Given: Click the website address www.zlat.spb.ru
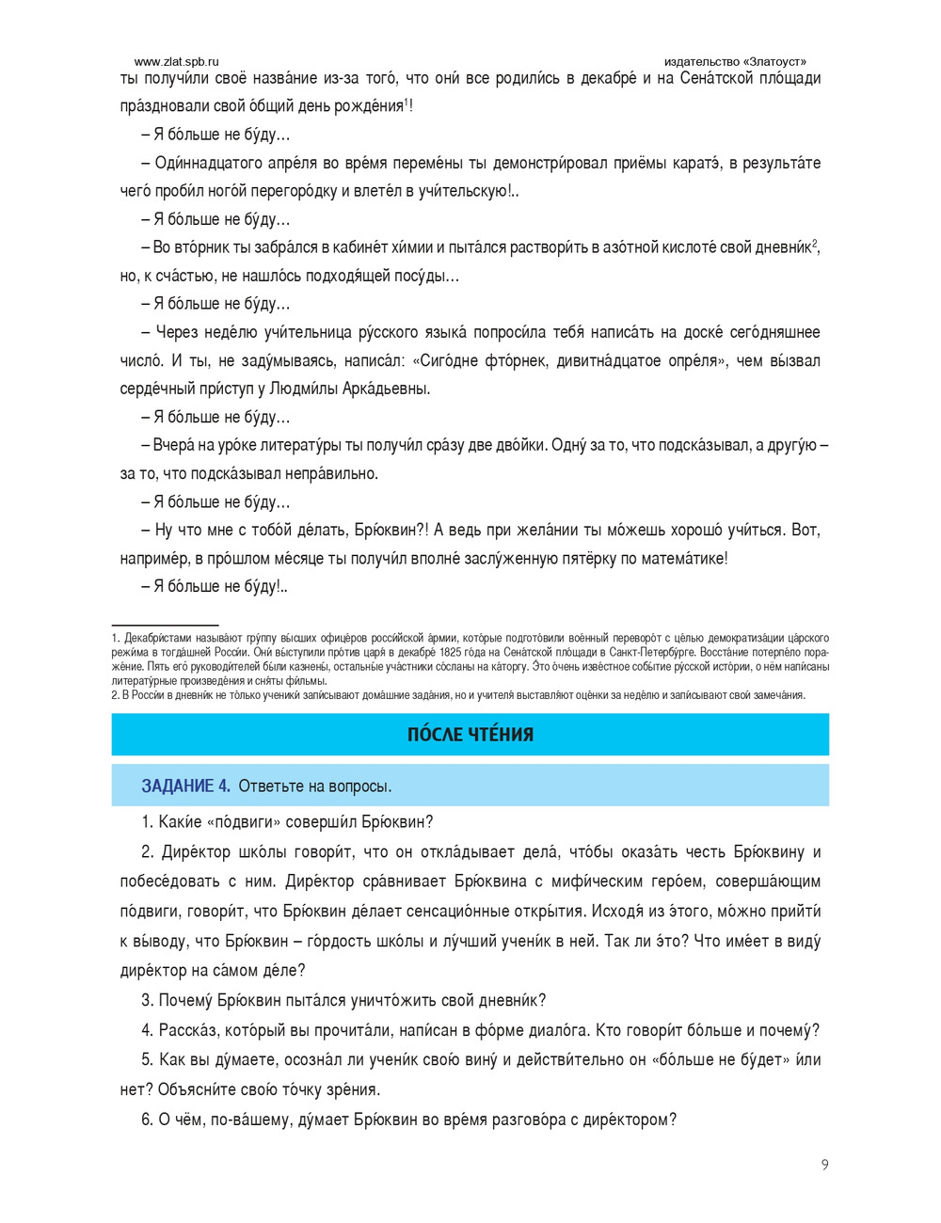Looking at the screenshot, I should point(177,61).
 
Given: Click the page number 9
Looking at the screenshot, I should point(825,1165).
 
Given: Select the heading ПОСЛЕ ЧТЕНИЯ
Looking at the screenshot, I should point(470,735).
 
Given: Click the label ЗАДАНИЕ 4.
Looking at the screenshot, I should point(185,786).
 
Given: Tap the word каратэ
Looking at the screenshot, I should point(704,163).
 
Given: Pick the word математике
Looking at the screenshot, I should point(684,558).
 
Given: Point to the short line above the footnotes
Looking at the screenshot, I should point(165,624).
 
